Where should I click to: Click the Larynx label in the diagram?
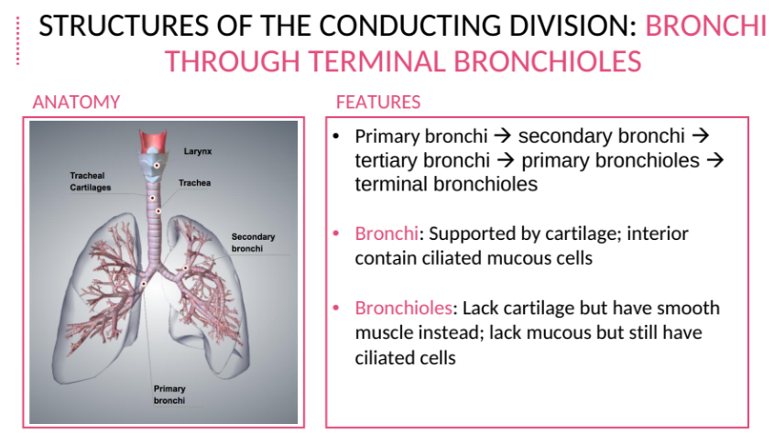point(198,151)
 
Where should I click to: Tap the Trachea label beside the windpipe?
point(194,182)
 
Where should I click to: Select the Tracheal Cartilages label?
point(91,181)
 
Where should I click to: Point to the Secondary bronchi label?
point(253,243)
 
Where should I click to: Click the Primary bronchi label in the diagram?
point(169,395)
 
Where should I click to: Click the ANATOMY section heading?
point(77,103)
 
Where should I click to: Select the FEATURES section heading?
point(378,103)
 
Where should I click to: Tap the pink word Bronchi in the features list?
point(387,233)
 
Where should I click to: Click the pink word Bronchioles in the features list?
point(403,308)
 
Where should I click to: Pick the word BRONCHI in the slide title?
point(706,26)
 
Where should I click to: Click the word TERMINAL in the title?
point(376,61)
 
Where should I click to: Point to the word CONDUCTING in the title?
point(411,26)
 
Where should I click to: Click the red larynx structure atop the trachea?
point(153,142)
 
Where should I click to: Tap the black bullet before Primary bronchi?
point(336,136)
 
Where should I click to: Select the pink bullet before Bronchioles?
point(336,309)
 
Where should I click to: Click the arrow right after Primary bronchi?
point(503,136)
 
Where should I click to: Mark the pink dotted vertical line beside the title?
point(17,41)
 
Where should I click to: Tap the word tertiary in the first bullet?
point(386,160)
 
